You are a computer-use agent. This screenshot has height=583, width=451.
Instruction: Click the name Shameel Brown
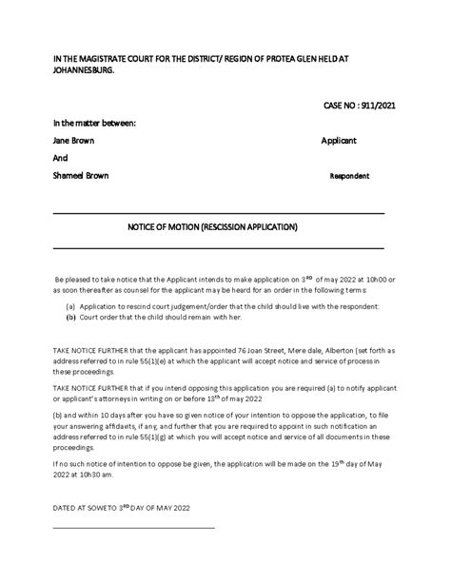(81, 176)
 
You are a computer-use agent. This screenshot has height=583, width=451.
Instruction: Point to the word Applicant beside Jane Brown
(339, 140)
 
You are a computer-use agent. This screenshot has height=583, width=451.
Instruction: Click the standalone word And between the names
(60, 158)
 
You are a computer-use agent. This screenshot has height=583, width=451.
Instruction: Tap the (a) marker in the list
(71, 306)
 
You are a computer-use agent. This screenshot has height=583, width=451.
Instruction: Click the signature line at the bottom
(133, 527)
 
